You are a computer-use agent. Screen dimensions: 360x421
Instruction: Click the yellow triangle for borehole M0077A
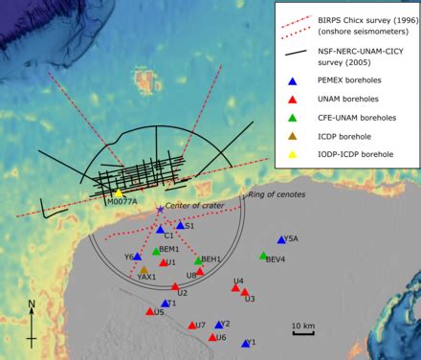[119, 193]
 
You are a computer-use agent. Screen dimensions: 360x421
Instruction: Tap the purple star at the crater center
[160, 210]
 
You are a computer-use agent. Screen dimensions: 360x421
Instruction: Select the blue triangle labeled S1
[180, 226]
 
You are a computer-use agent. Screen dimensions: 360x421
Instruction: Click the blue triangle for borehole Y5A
[281, 240]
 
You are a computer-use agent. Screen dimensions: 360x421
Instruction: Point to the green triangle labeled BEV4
[263, 256]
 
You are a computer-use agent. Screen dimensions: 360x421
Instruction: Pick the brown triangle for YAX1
[144, 271]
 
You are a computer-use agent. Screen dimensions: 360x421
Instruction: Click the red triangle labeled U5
[150, 311]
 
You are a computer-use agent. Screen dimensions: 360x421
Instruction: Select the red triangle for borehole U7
[192, 325]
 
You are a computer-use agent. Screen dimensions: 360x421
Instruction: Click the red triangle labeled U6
[212, 336]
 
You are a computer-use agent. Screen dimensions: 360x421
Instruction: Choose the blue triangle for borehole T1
[165, 304]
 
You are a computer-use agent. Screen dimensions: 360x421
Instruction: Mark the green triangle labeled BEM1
[156, 252]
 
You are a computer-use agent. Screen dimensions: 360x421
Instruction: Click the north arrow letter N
[32, 305]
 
